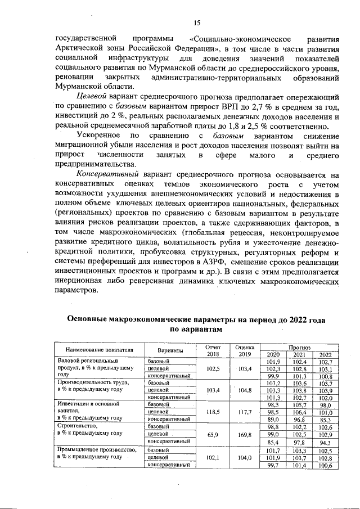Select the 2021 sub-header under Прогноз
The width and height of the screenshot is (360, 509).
[x=299, y=354]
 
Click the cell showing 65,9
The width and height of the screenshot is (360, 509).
[x=213, y=433]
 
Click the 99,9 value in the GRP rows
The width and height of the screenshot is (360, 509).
[x=273, y=375]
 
